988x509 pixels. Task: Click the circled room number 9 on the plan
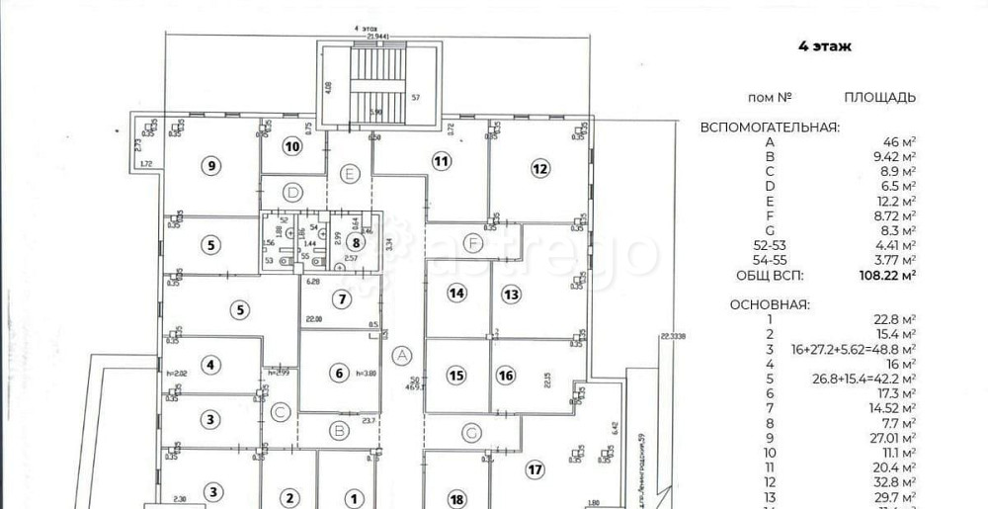209,166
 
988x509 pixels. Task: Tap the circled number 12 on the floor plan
539,169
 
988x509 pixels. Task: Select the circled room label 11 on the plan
441,160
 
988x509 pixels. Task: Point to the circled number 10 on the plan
291,147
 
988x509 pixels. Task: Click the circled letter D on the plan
291,192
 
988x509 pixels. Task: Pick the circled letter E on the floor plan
350,173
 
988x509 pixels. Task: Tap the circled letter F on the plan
473,242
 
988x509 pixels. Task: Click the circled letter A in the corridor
401,356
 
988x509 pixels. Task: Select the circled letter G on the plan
472,432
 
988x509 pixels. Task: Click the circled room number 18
456,498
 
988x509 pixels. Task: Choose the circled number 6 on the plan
339,374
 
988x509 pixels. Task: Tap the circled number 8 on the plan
357,242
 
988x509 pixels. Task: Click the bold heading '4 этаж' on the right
824,46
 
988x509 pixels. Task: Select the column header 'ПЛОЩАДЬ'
879,97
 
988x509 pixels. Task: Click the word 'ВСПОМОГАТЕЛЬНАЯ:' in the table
770,127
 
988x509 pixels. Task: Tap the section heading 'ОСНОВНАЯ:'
769,304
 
